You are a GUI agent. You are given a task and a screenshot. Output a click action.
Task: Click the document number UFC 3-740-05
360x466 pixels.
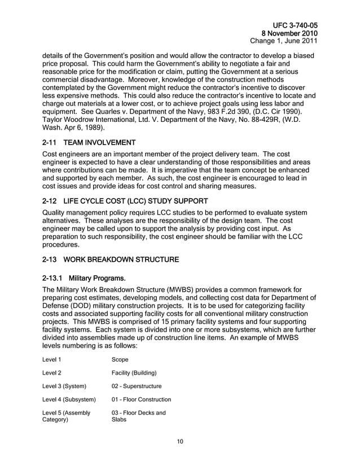point(295,25)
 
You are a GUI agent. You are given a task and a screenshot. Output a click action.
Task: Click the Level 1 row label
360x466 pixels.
point(52,359)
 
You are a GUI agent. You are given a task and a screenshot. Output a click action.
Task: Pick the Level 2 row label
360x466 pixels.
point(52,372)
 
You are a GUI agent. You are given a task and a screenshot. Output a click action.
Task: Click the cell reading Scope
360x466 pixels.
point(120,359)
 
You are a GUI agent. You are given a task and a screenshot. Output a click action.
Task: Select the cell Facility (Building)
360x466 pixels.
point(134,372)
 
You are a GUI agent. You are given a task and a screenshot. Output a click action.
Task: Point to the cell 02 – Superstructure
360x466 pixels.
point(137,386)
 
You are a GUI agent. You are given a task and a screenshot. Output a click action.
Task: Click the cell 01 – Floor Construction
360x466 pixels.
point(141,400)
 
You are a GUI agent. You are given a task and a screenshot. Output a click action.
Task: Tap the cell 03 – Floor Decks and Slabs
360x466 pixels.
point(138,417)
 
